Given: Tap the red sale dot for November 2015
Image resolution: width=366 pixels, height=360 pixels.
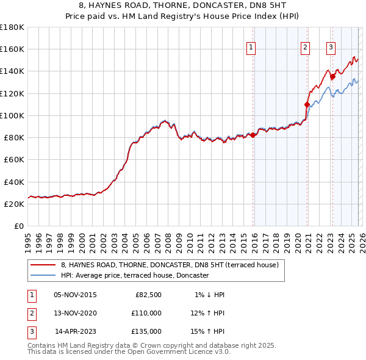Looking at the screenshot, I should pos(253,135).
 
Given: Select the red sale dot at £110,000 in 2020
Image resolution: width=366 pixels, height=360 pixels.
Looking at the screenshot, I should pos(307,104).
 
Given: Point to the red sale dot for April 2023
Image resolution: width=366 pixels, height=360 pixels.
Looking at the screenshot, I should pos(333,77).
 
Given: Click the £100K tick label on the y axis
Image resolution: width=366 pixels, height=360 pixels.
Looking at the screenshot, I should pos(12,115).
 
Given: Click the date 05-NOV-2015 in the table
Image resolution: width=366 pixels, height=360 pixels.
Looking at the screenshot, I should pos(75,295).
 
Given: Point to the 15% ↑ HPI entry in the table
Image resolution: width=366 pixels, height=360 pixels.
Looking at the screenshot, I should pos(208,331).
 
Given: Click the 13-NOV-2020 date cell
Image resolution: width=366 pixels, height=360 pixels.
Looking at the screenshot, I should pos(75,313).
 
